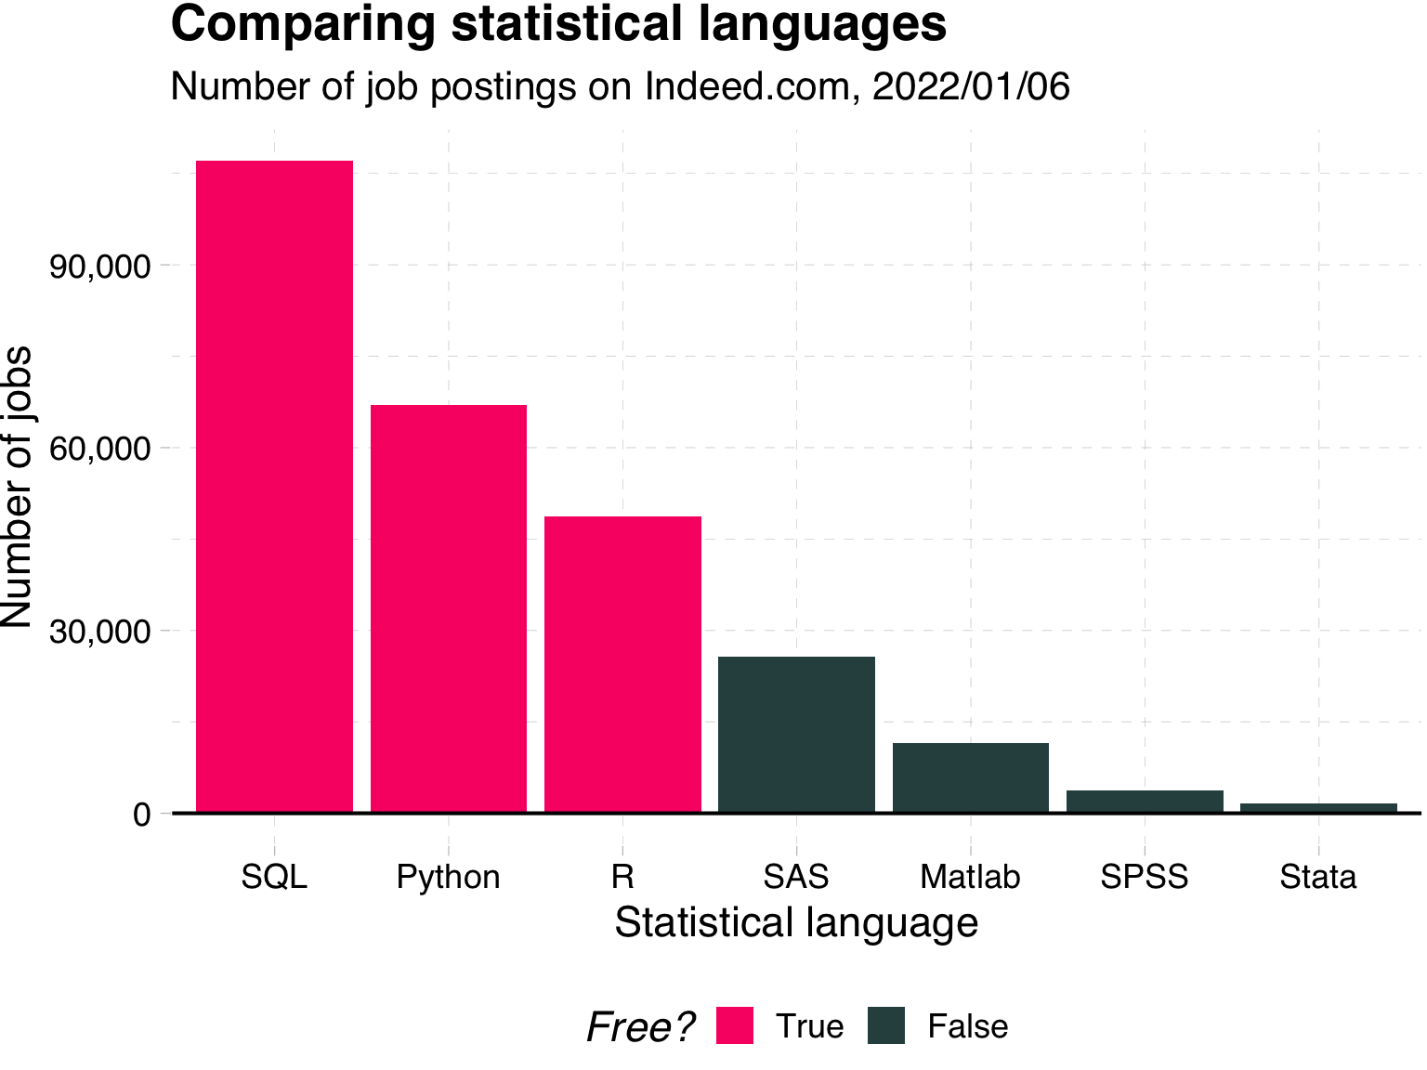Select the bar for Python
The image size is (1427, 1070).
(x=449, y=608)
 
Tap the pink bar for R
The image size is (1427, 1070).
(x=622, y=664)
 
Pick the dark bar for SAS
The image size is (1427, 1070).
(x=796, y=734)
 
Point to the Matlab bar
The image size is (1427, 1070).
(x=971, y=777)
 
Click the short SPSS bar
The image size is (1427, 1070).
(x=1145, y=801)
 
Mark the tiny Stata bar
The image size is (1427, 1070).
(x=1318, y=807)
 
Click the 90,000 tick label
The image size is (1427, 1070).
(x=100, y=267)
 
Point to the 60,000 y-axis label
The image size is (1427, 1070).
(x=100, y=449)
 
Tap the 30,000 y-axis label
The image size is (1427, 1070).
(x=100, y=632)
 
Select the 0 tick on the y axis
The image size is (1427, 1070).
(x=141, y=815)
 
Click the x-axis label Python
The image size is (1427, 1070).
(x=448, y=877)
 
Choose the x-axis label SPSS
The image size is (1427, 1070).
(x=1145, y=877)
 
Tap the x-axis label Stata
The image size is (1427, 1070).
(x=1317, y=877)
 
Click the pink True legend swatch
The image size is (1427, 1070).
(x=734, y=1025)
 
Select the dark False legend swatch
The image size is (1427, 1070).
(x=886, y=1025)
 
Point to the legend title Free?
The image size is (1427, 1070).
(x=641, y=1027)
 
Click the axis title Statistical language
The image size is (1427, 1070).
(x=796, y=923)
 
